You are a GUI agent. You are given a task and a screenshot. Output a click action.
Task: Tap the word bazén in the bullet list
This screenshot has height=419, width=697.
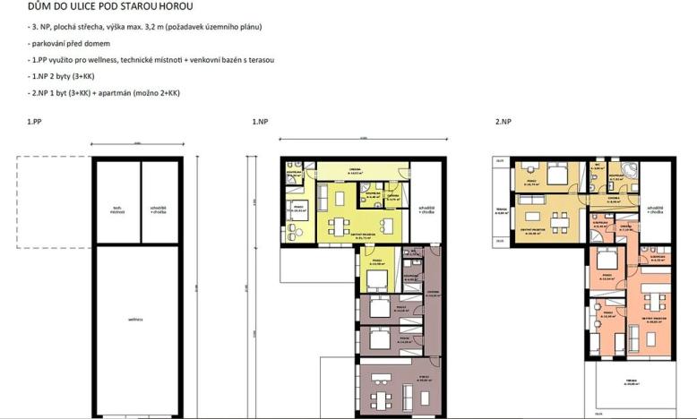[226, 59]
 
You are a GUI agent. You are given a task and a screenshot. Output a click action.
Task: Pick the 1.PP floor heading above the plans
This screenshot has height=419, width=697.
[35, 121]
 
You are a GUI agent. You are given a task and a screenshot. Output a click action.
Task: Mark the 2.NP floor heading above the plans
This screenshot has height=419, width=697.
[503, 121]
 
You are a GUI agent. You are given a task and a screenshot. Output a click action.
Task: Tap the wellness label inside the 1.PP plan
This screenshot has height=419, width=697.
[135, 319]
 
